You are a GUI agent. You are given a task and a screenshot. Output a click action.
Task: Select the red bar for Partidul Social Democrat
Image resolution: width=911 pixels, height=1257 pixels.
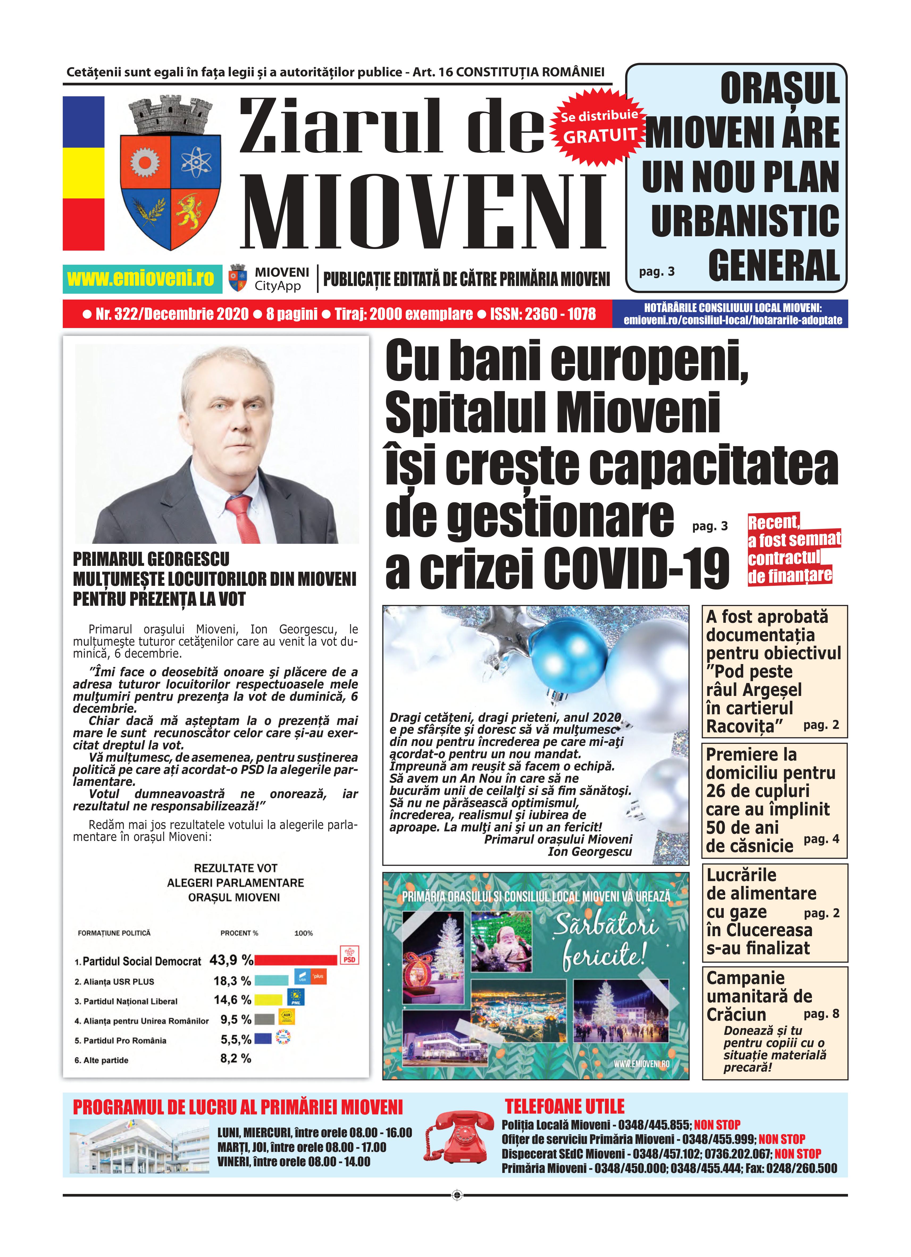point(296,960)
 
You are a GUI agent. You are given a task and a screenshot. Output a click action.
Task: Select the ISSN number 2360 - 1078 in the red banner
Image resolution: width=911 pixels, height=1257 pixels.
point(560,314)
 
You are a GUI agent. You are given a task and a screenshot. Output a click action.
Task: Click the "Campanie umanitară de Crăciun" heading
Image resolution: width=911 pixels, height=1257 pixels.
point(759,996)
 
